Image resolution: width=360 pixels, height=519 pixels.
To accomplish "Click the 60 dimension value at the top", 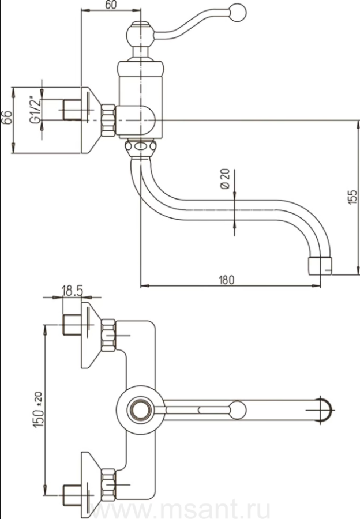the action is (x=110, y=5).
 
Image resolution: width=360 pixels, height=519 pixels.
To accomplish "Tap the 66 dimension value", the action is (x=7, y=118).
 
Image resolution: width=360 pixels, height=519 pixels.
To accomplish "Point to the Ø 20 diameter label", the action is (x=225, y=179).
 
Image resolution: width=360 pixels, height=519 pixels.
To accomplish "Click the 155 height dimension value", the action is (x=353, y=197).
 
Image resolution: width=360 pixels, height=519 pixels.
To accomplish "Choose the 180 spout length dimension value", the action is (x=226, y=280).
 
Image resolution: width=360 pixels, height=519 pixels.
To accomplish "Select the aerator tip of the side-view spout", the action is (x=320, y=266).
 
